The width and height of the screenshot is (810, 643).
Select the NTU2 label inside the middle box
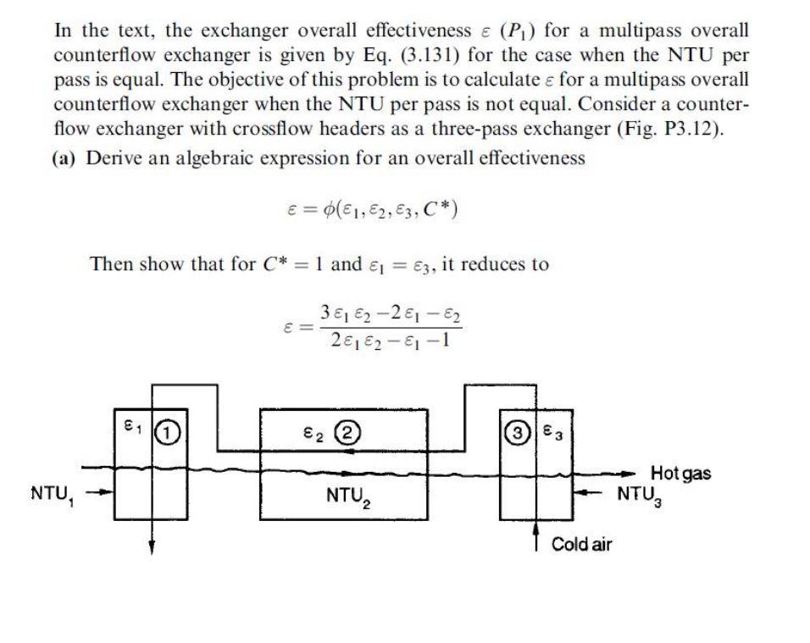click(348, 492)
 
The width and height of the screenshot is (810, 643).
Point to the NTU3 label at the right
click(641, 492)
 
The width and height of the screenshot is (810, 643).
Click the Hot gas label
click(680, 473)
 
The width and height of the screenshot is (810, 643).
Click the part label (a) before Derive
click(69, 158)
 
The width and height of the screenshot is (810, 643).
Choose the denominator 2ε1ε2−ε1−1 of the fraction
click(391, 341)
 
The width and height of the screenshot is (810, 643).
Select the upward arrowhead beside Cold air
click(535, 527)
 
